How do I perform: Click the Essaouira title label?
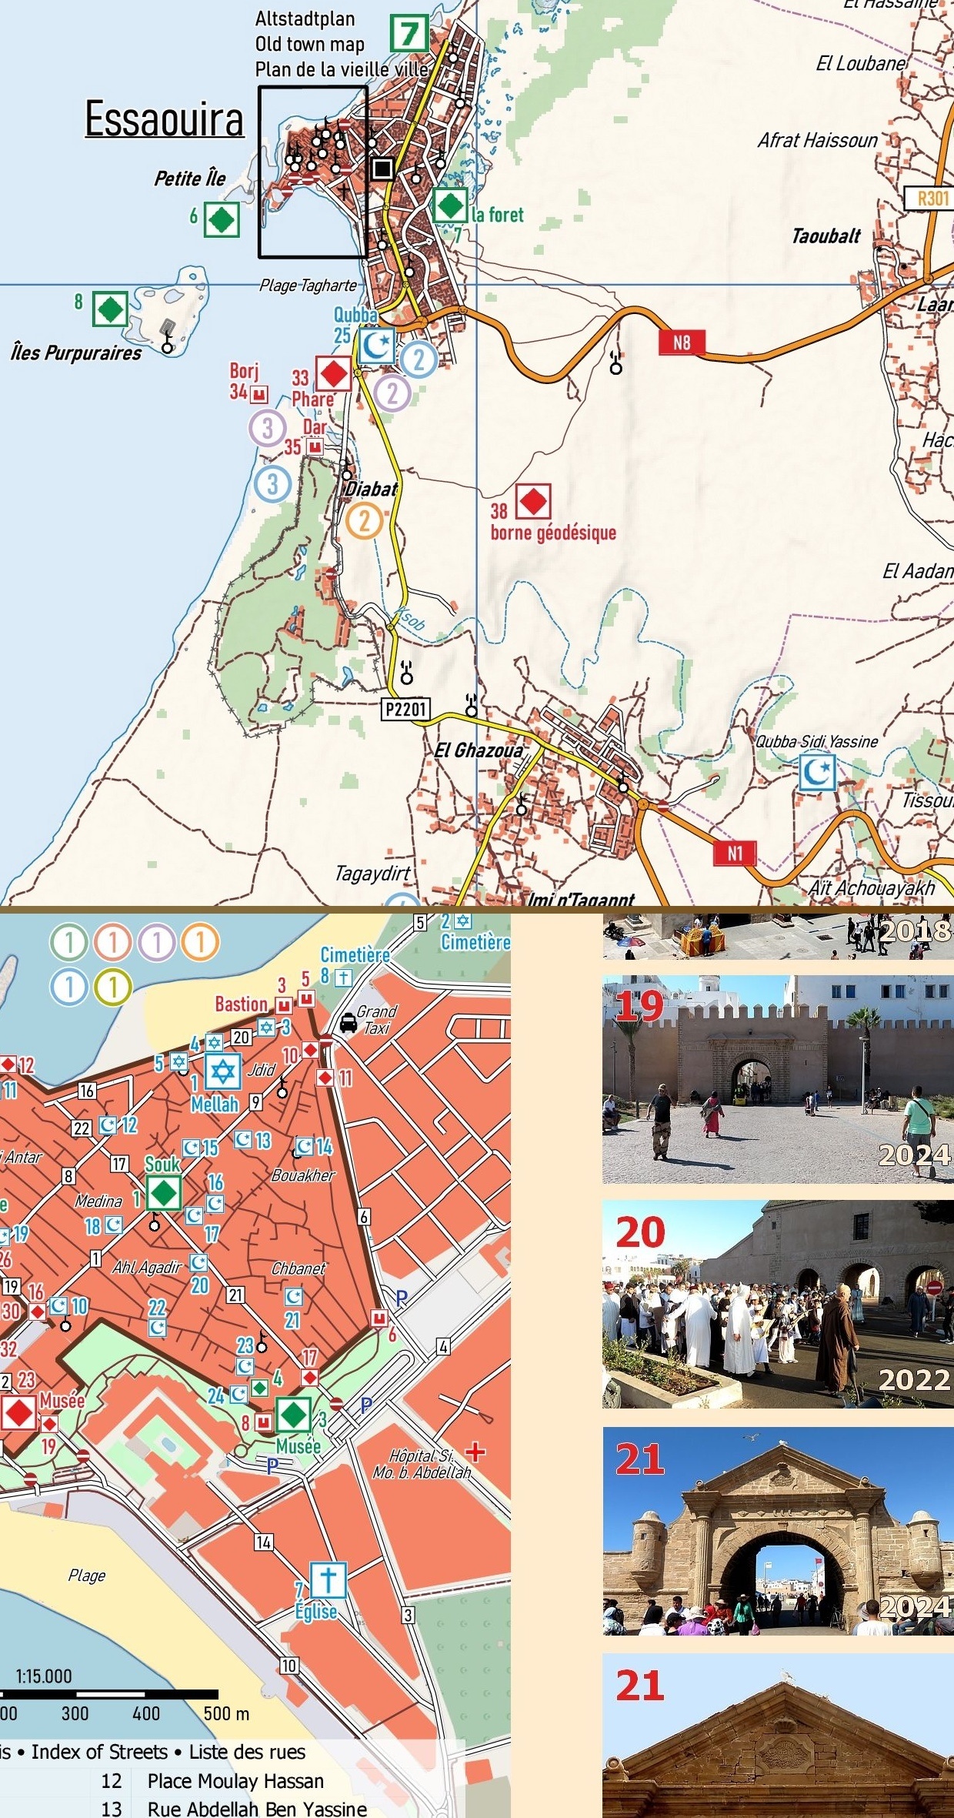click(164, 120)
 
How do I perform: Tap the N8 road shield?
click(682, 343)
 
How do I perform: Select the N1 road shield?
click(735, 853)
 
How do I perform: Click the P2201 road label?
click(405, 709)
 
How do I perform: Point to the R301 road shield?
click(932, 198)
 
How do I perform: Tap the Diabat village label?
click(371, 489)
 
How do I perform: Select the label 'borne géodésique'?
click(553, 533)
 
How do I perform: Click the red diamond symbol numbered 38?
click(532, 501)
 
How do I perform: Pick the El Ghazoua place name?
click(479, 750)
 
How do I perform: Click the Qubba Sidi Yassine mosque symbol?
click(816, 772)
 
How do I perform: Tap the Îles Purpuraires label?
click(76, 353)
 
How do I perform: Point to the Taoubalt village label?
click(826, 236)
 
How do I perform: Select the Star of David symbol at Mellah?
click(222, 1071)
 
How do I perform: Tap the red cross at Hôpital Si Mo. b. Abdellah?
click(475, 1452)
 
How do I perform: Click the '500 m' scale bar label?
click(226, 1713)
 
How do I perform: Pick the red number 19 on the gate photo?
click(639, 1006)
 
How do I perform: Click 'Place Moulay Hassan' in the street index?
click(235, 1781)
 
